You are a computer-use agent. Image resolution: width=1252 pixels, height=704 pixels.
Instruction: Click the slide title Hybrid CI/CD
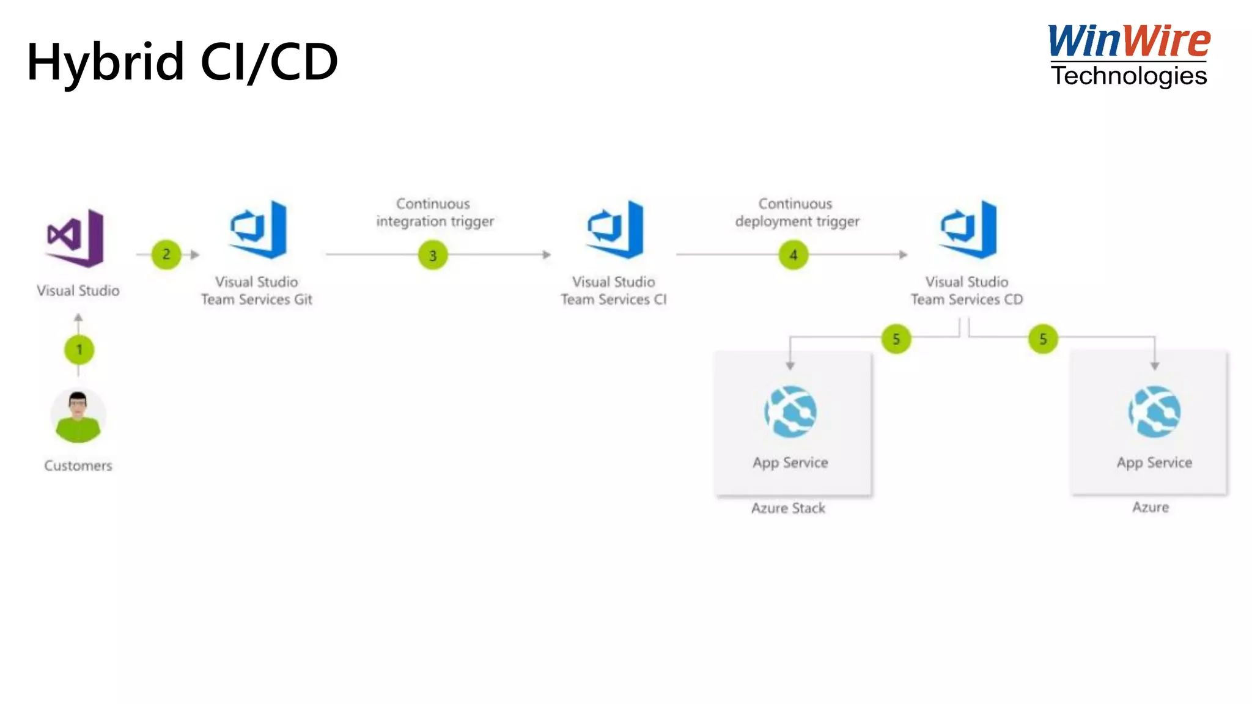coord(182,62)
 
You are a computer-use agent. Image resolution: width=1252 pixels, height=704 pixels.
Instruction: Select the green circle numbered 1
coord(79,350)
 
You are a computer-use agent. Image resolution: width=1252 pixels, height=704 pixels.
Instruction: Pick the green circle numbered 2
coord(166,254)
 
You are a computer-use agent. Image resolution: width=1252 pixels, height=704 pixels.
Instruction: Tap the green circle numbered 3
coord(433,255)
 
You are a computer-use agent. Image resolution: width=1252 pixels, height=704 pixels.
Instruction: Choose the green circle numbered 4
coord(794,255)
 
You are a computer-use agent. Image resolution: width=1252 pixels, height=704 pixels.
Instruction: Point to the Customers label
coord(78,466)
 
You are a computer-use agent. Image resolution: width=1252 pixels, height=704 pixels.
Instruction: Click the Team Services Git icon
coord(259,230)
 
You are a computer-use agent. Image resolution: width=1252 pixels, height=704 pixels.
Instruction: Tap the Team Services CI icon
coord(616,230)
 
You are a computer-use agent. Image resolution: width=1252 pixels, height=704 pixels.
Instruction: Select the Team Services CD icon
coord(969,230)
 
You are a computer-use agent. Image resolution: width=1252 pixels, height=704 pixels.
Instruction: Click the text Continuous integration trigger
coord(435,212)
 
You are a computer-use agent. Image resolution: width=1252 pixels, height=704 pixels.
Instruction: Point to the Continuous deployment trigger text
coord(797,212)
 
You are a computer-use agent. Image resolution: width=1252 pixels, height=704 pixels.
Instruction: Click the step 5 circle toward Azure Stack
coord(896,339)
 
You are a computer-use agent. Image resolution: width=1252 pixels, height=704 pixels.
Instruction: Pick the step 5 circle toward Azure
coord(1043,339)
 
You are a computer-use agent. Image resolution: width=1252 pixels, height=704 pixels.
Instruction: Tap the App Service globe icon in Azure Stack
coord(790,412)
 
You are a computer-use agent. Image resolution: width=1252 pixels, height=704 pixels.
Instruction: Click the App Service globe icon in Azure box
coord(1154,412)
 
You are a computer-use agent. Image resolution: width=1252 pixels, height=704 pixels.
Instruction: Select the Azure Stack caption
coord(788,508)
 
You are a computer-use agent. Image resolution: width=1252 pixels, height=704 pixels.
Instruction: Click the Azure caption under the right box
coord(1150,507)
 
